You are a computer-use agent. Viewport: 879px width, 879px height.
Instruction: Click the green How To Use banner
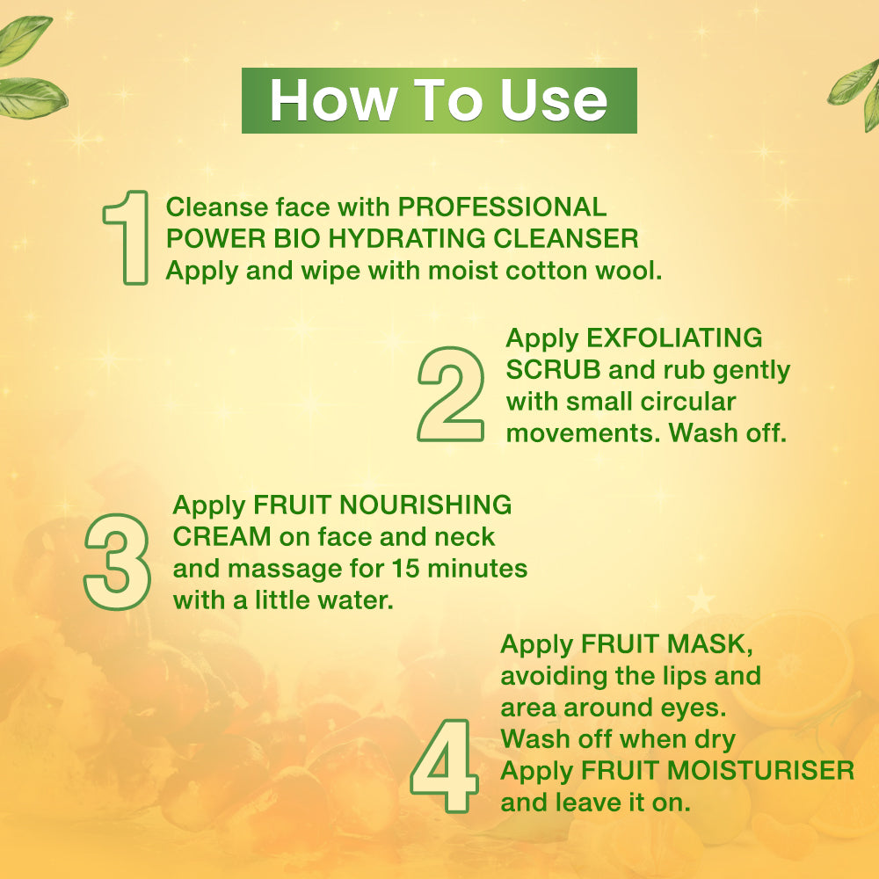pyautogui.click(x=439, y=100)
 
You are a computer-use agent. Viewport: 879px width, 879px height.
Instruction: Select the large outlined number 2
pyautogui.click(x=451, y=394)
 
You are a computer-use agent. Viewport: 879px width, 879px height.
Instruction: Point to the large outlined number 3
pyautogui.click(x=117, y=562)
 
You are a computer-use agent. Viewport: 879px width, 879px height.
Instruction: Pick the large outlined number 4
pyautogui.click(x=445, y=766)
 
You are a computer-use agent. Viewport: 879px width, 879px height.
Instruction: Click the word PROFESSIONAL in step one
pyautogui.click(x=502, y=207)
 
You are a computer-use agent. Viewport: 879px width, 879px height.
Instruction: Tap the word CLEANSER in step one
pyautogui.click(x=565, y=238)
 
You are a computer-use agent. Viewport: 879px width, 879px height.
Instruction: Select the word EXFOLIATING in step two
pyautogui.click(x=674, y=338)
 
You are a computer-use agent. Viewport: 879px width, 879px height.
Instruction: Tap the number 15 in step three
pyautogui.click(x=405, y=569)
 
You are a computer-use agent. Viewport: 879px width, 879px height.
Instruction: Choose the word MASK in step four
pyautogui.click(x=709, y=644)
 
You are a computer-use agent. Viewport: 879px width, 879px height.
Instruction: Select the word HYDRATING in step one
pyautogui.click(x=407, y=238)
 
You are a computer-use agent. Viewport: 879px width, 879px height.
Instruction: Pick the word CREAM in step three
pyautogui.click(x=222, y=536)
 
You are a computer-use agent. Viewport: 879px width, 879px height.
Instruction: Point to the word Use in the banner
pyautogui.click(x=554, y=100)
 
